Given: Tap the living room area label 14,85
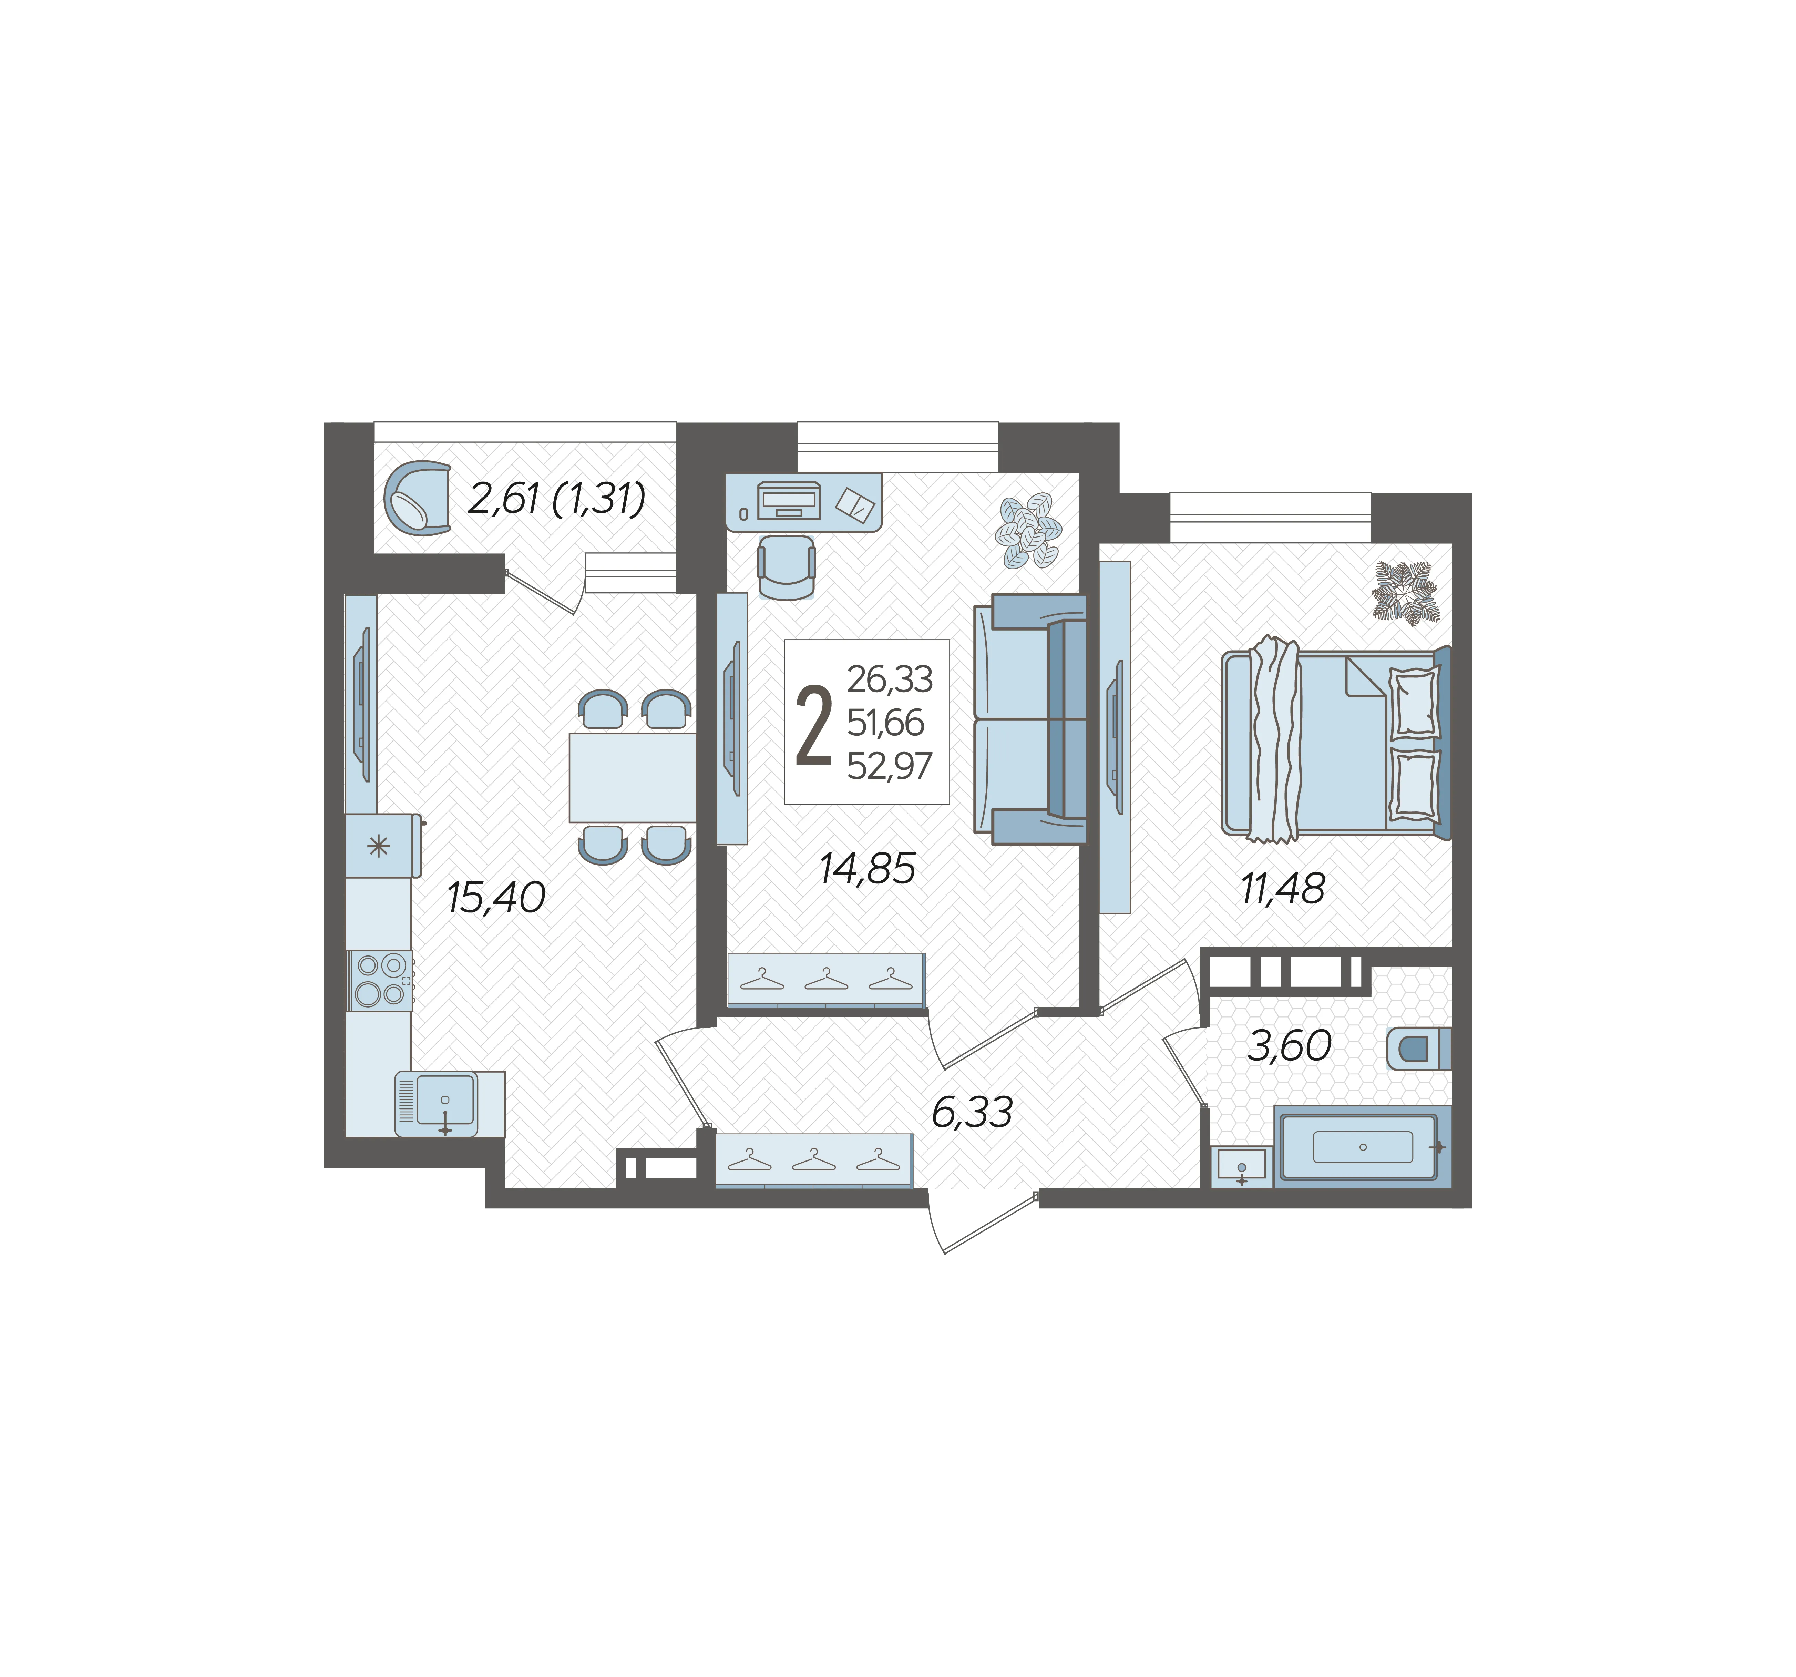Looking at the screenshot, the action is [867, 868].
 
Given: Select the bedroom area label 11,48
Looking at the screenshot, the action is [1283, 889].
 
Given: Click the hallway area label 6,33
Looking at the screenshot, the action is [972, 1112].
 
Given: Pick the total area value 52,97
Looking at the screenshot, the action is [889, 766].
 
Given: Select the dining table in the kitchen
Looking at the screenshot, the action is [633, 777].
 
